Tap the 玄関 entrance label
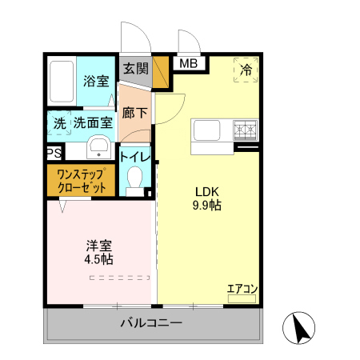click(136, 69)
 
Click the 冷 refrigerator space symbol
click(247, 70)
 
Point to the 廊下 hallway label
click(134, 113)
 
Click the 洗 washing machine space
click(59, 123)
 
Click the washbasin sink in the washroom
click(98, 146)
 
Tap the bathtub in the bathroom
click(62, 81)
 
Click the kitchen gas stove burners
click(246, 128)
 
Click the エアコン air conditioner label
click(242, 290)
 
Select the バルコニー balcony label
click(151, 324)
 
